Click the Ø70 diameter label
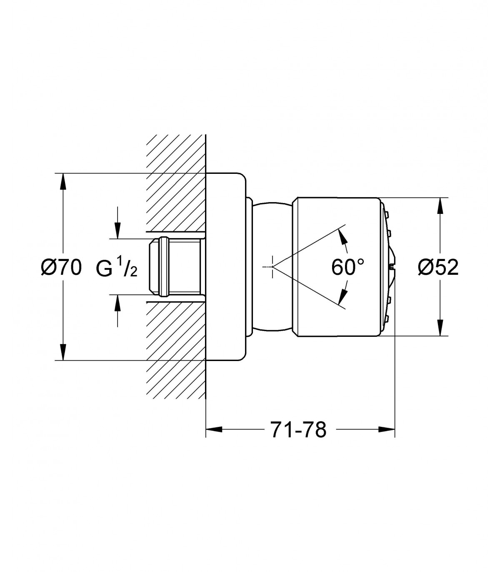click(61, 267)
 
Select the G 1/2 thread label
click(117, 267)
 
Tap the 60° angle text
click(348, 267)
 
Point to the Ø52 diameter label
click(438, 267)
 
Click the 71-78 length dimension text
click(298, 430)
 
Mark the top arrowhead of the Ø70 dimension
click(64, 182)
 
